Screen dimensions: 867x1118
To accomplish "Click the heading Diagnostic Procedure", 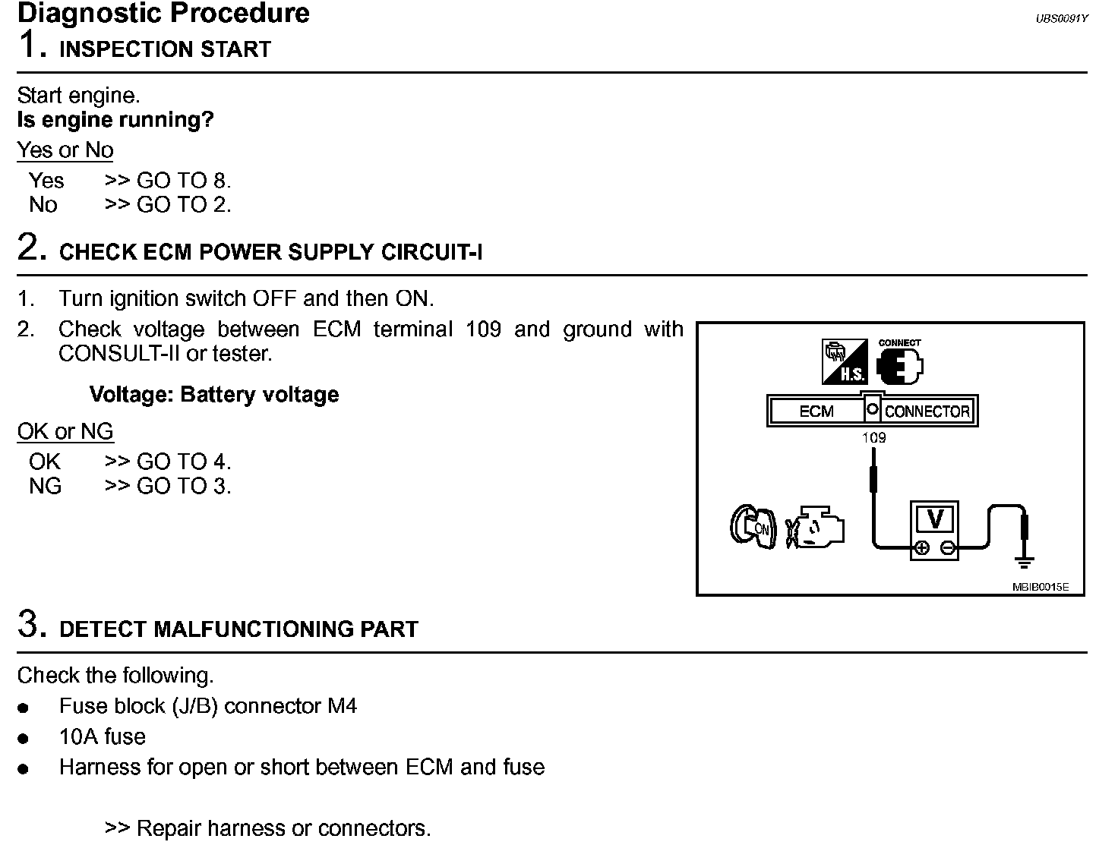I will [163, 13].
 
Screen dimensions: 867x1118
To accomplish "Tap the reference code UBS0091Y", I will [1061, 18].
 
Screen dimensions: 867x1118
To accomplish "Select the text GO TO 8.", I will [183, 181].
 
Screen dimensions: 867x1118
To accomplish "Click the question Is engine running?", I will [115, 120].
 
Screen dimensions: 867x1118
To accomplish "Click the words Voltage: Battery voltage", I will [214, 395].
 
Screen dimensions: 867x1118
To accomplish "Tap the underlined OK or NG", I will [65, 431].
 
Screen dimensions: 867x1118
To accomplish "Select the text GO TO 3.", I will [183, 486].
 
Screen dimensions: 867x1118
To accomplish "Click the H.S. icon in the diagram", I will [844, 362].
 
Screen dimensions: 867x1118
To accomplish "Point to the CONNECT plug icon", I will [900, 364].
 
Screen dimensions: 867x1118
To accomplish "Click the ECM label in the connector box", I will [816, 411].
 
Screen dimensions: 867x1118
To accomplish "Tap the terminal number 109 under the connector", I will [874, 438].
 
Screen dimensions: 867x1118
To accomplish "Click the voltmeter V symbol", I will [935, 519].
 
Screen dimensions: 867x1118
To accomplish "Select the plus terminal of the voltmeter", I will [921, 548].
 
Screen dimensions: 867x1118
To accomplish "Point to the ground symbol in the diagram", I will [1025, 562].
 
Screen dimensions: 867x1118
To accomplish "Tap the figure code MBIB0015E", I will [1040, 587].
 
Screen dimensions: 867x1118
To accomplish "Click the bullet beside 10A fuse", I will [24, 738].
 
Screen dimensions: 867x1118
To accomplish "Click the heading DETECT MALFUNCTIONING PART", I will [238, 629].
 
